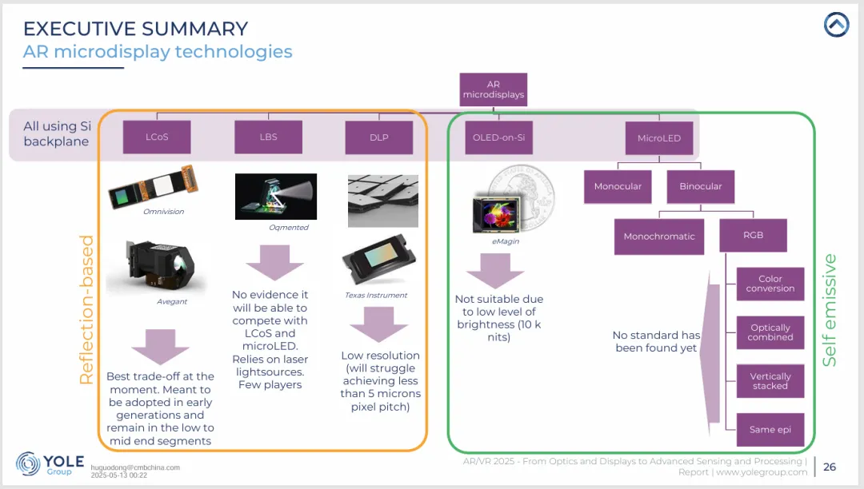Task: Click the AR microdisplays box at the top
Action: pyautogui.click(x=494, y=89)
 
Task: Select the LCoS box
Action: pyautogui.click(x=157, y=137)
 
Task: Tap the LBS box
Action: pyautogui.click(x=268, y=137)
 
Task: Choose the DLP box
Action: pyautogui.click(x=379, y=137)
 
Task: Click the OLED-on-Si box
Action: pyautogui.click(x=498, y=137)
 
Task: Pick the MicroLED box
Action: pyautogui.click(x=659, y=137)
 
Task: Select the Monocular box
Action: pyautogui.click(x=618, y=186)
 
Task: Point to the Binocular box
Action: pyautogui.click(x=701, y=186)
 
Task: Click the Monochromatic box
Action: pyautogui.click(x=659, y=237)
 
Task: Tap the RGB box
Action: pyautogui.click(x=753, y=236)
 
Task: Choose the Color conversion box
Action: pyautogui.click(x=770, y=284)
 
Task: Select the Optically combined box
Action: pyautogui.click(x=770, y=332)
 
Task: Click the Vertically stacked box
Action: pyautogui.click(x=770, y=381)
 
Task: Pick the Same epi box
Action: pyautogui.click(x=770, y=429)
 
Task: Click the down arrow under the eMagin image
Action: pyautogui.click(x=494, y=270)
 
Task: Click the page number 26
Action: pyautogui.click(x=830, y=467)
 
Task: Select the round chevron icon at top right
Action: pyautogui.click(x=836, y=26)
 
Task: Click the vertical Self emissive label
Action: pyautogui.click(x=830, y=310)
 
